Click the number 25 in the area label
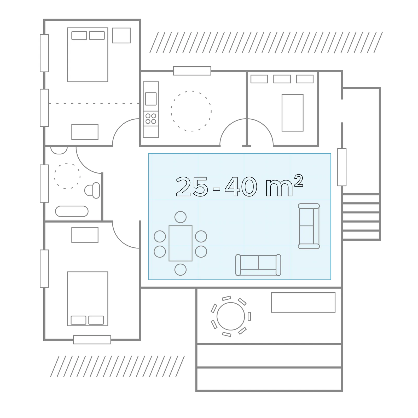192,186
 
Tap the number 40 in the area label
241,186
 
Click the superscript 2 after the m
299,181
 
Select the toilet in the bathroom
92,190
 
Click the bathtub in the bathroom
72,211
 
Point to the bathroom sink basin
59,150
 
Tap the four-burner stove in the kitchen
151,118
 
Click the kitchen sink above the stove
151,99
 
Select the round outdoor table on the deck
231,316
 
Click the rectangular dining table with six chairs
181,243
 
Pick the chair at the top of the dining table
181,217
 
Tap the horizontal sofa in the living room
258,265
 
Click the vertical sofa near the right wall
309,226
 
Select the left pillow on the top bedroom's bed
79,36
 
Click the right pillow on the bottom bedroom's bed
96,320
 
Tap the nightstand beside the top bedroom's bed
121,35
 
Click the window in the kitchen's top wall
192,71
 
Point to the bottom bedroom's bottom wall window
92,340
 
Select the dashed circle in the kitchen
191,111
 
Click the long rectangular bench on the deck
303,302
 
